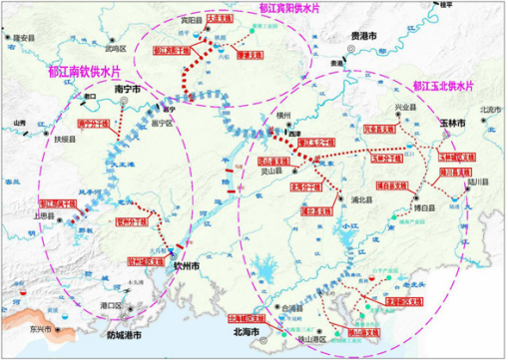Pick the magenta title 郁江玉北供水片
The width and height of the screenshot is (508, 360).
pos(435,88)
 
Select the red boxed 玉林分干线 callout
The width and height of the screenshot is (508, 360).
pos(385,158)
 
